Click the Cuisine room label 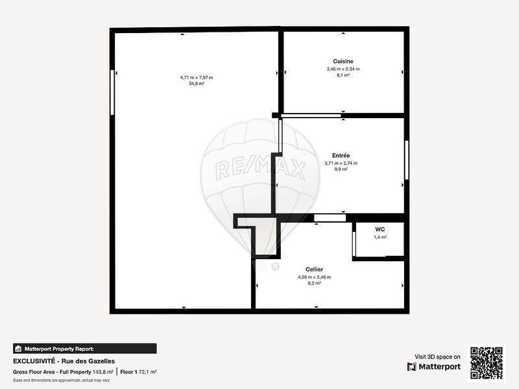pyautogui.click(x=343, y=61)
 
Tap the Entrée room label pyautogui.click(x=341, y=155)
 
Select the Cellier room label pyautogui.click(x=315, y=269)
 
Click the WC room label pyautogui.click(x=380, y=229)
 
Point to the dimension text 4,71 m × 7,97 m pyautogui.click(x=197, y=77)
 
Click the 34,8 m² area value pyautogui.click(x=197, y=84)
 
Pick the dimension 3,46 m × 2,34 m pyautogui.click(x=343, y=68)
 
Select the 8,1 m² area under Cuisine pyautogui.click(x=343, y=75)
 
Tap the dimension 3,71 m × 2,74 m pyautogui.click(x=341, y=163)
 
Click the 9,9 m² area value pyautogui.click(x=341, y=169)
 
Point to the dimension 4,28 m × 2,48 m pyautogui.click(x=315, y=277)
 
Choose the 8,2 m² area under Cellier pyautogui.click(x=315, y=283)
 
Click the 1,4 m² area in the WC pyautogui.click(x=380, y=237)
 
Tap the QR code pyautogui.click(x=487, y=362)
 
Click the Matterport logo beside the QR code pyautogui.click(x=434, y=367)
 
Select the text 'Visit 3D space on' pyautogui.click(x=437, y=357)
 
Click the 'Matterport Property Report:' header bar pyautogui.click(x=84, y=348)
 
